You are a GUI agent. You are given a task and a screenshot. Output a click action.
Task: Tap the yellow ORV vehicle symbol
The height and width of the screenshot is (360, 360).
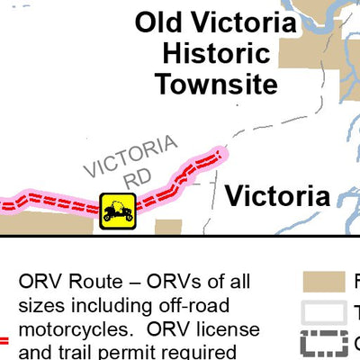coord(117,211)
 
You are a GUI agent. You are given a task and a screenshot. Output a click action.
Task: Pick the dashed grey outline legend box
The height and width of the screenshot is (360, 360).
coord(324,343)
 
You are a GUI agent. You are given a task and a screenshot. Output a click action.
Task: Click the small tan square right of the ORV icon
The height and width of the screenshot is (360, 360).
coord(168,227)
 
